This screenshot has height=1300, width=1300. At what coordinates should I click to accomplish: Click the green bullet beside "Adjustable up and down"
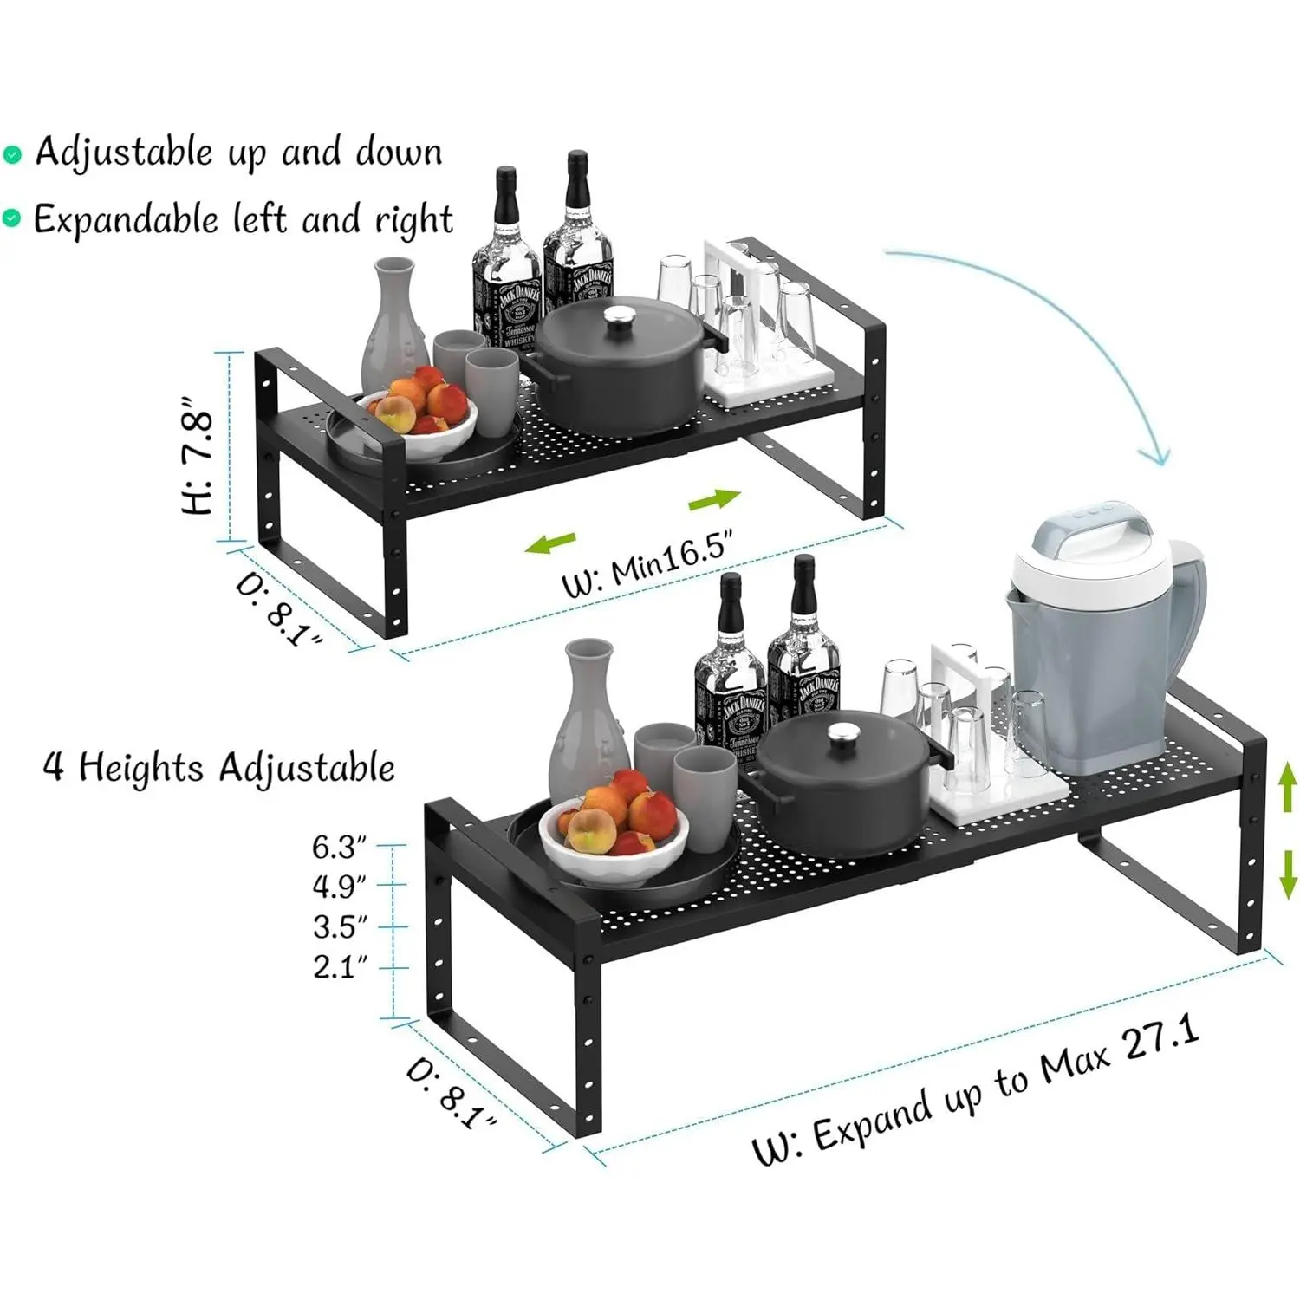pyautogui.click(x=12, y=155)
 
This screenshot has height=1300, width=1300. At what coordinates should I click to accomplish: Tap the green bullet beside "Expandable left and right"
pyautogui.click(x=11, y=219)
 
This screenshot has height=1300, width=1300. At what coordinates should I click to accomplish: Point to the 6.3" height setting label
pyautogui.click(x=340, y=846)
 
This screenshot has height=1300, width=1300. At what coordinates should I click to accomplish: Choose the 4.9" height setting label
pyautogui.click(x=340, y=886)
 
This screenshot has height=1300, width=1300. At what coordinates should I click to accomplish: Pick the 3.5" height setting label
pyautogui.click(x=340, y=926)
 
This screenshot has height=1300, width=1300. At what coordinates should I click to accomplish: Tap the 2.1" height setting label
pyautogui.click(x=340, y=966)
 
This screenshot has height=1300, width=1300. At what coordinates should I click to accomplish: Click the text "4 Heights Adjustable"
pyautogui.click(x=219, y=768)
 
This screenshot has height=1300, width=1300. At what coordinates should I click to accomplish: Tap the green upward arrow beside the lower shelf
pyautogui.click(x=1289, y=785)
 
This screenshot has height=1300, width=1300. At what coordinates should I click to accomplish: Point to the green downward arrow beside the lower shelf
pyautogui.click(x=1289, y=874)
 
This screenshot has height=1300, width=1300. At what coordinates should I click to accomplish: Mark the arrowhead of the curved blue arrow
pyautogui.click(x=1155, y=456)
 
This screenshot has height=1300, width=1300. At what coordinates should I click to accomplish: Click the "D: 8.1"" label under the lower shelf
pyautogui.click(x=452, y=1095)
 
